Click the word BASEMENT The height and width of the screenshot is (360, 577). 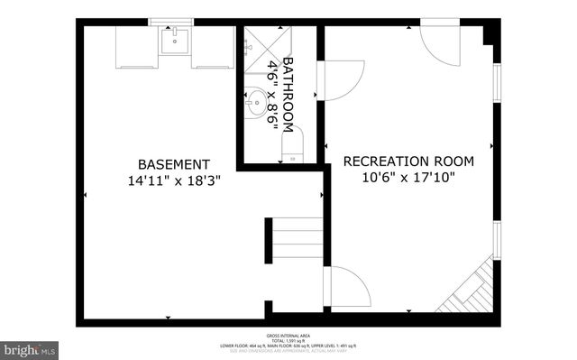click(x=174, y=164)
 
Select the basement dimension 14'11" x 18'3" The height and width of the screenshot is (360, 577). click(x=174, y=180)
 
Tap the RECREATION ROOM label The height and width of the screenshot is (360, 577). click(x=408, y=162)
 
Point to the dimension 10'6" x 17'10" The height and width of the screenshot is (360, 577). click(x=408, y=178)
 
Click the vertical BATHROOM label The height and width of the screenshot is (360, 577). click(x=288, y=96)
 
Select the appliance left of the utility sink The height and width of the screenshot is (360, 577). click(x=137, y=46)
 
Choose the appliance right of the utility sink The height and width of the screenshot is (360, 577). click(x=213, y=46)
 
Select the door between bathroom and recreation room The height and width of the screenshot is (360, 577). click(x=341, y=81)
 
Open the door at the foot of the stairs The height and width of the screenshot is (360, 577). click(x=347, y=287)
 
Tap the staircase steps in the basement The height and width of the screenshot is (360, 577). click(x=297, y=242)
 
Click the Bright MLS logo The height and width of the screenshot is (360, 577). click(x=29, y=348)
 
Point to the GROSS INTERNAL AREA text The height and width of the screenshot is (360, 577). click(x=289, y=336)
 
